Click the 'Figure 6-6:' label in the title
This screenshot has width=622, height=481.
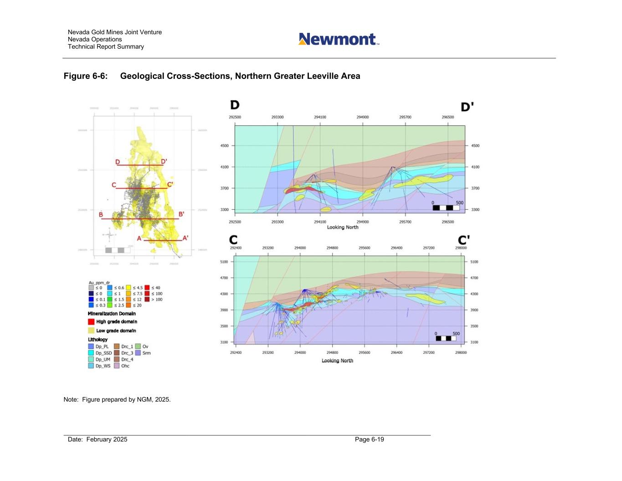coord(86,76)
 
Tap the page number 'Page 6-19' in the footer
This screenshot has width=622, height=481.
coord(369,440)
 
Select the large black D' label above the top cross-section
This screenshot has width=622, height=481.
coord(467,107)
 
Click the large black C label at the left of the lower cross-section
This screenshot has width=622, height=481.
coord(233,240)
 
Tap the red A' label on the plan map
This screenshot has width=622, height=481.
coord(185,238)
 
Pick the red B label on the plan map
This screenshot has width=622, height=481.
coord(101,215)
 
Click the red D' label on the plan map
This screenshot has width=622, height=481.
coord(164,161)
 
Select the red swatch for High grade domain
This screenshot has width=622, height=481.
coord(91,321)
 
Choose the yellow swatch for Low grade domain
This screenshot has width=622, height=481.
coord(91,331)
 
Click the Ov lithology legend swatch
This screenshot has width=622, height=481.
coord(138,347)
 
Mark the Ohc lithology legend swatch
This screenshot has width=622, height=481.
coord(117,366)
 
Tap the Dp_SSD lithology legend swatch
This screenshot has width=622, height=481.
coord(91,353)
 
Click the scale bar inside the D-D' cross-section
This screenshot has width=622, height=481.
coord(446,208)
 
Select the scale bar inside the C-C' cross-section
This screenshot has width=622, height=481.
coord(446,338)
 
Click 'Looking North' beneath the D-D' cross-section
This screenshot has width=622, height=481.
coord(343,227)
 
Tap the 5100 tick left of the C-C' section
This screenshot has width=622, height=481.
coord(224,262)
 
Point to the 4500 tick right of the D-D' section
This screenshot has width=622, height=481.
coord(475,146)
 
